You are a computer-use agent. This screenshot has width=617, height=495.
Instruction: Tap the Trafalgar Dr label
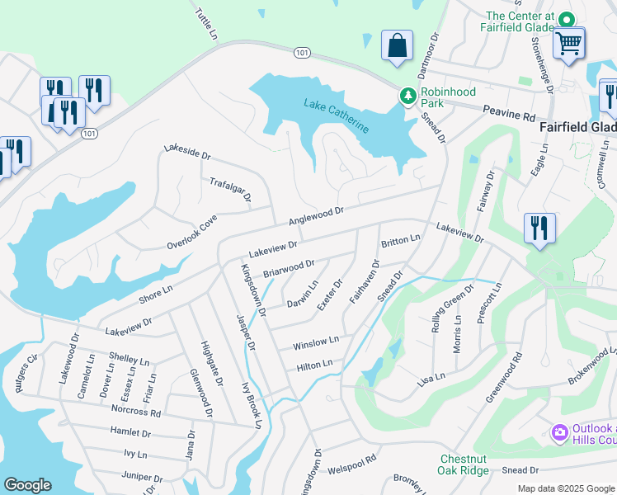[230, 190]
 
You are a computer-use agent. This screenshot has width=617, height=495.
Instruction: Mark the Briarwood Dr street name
[289, 268]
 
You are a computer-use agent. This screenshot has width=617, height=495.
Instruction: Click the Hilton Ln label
[314, 365]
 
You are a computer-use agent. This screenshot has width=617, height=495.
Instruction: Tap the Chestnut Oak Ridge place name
[464, 464]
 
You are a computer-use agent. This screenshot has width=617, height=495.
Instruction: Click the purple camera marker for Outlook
[559, 432]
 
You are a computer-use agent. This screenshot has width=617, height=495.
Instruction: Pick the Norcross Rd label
[137, 410]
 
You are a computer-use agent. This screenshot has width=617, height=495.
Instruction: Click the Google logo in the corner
[27, 485]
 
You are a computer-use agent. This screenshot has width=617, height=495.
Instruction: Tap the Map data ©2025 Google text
[565, 488]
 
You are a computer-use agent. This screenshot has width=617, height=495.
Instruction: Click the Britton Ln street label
[401, 240]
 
